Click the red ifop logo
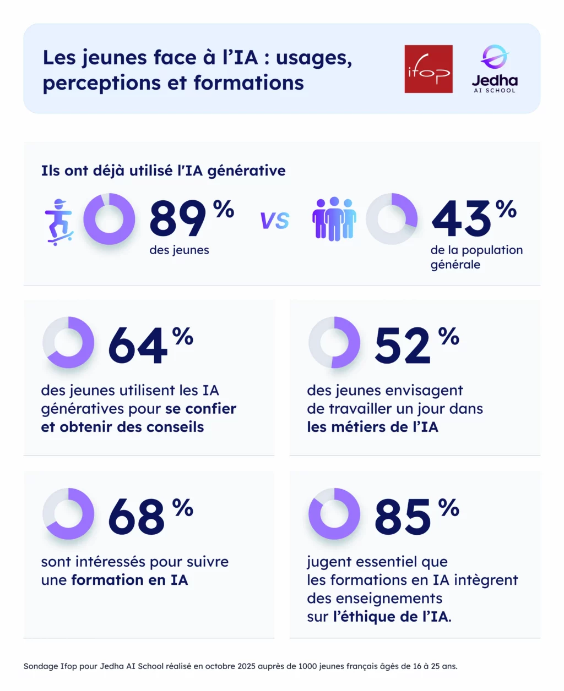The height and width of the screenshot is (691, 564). pyautogui.click(x=428, y=69)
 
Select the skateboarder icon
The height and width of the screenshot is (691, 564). pyautogui.click(x=59, y=221)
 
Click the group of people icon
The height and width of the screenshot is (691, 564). pyautogui.click(x=334, y=219)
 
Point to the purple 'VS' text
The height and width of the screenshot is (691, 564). pyautogui.click(x=275, y=221)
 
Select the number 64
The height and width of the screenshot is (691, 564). pyautogui.click(x=138, y=346)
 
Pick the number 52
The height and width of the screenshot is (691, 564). pyautogui.click(x=403, y=346)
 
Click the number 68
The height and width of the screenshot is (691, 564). pyautogui.click(x=137, y=517)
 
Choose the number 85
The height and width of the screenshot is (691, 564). pyautogui.click(x=403, y=517)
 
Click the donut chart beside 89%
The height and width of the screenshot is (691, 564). pyautogui.click(x=109, y=219)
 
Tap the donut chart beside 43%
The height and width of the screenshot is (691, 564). pyautogui.click(x=392, y=219)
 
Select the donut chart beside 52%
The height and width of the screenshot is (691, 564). pyautogui.click(x=334, y=342)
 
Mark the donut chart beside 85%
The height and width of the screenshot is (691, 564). pyautogui.click(x=334, y=514)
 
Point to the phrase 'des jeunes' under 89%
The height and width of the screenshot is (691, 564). pyautogui.click(x=179, y=250)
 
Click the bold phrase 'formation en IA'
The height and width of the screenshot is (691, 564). pyautogui.click(x=130, y=580)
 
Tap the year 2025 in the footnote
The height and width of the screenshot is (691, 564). pyautogui.click(x=247, y=666)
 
